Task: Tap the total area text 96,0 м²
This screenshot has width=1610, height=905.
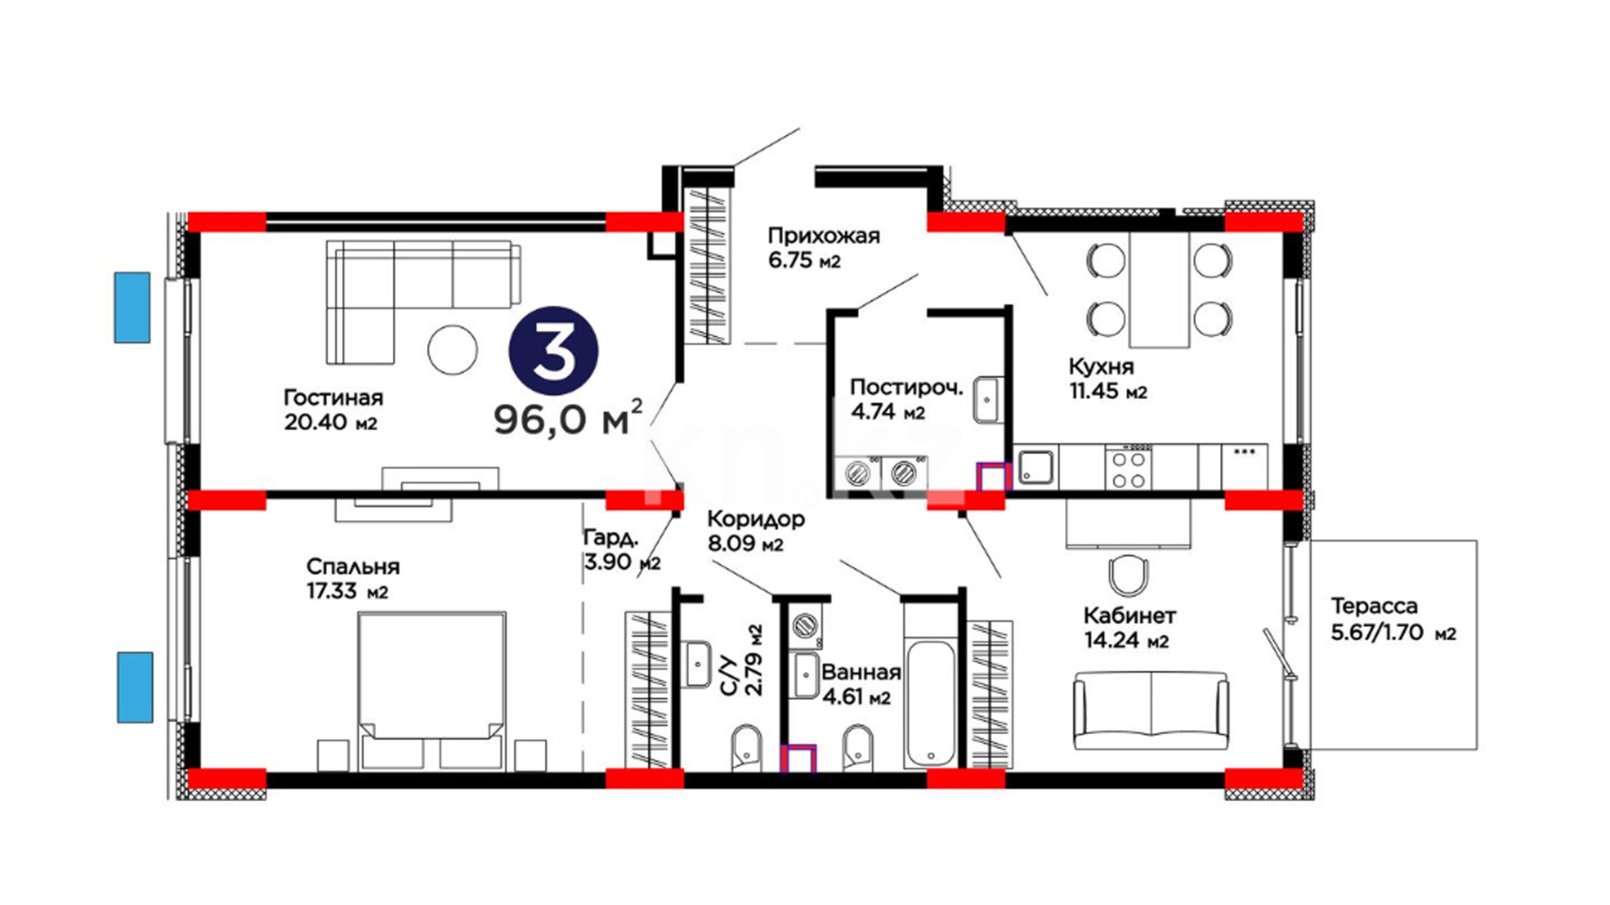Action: [x=568, y=417]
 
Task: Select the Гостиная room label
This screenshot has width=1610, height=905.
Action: [x=333, y=397]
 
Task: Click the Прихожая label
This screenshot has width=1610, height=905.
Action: [x=824, y=235]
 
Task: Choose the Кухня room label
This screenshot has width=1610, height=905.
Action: [x=1101, y=367]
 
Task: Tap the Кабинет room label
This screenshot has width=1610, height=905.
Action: [x=1130, y=616]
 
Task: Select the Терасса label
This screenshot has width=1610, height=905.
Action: [x=1374, y=606]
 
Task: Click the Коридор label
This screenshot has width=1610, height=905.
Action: [x=756, y=519]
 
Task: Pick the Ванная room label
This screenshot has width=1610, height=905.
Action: [x=861, y=672]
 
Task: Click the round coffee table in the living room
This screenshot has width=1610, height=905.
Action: [x=452, y=349]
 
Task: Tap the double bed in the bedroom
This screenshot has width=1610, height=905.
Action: [x=432, y=690]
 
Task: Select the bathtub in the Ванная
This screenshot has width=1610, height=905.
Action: [x=931, y=704]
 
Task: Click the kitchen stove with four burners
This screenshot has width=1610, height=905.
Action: [x=1128, y=468]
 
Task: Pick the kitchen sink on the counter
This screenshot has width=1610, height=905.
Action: [x=1036, y=468]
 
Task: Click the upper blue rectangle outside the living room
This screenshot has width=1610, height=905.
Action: [x=132, y=308]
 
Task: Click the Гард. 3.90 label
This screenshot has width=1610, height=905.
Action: [x=622, y=550]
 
